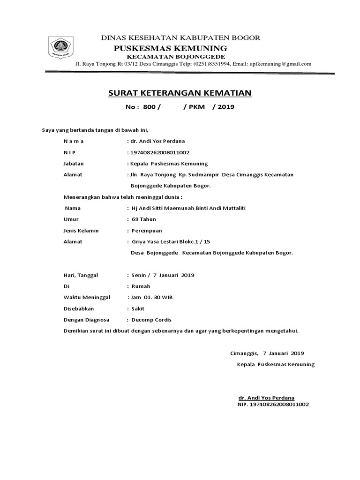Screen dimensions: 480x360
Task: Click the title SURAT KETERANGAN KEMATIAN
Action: (180, 93)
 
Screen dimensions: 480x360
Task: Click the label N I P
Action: (69, 152)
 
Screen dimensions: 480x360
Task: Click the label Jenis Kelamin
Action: (81, 230)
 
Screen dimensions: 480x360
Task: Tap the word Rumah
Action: (141, 286)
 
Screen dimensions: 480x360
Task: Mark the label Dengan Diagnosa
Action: (86, 320)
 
